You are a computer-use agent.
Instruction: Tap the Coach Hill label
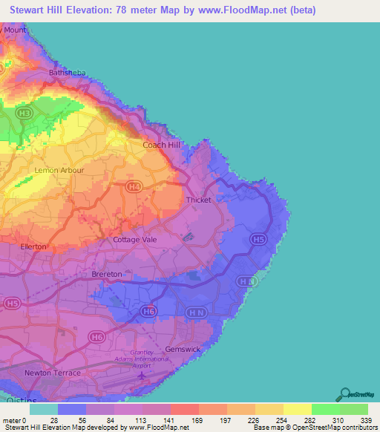click(x=162, y=145)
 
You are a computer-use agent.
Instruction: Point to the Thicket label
click(x=200, y=200)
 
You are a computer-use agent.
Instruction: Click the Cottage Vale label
click(x=135, y=240)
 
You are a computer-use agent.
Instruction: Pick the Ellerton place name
click(x=33, y=246)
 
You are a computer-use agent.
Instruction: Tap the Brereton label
click(x=106, y=275)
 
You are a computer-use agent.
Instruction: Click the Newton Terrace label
click(x=52, y=373)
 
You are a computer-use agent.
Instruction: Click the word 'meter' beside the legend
click(x=12, y=420)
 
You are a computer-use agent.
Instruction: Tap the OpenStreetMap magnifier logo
click(x=344, y=394)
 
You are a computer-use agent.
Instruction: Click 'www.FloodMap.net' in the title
click(x=253, y=10)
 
